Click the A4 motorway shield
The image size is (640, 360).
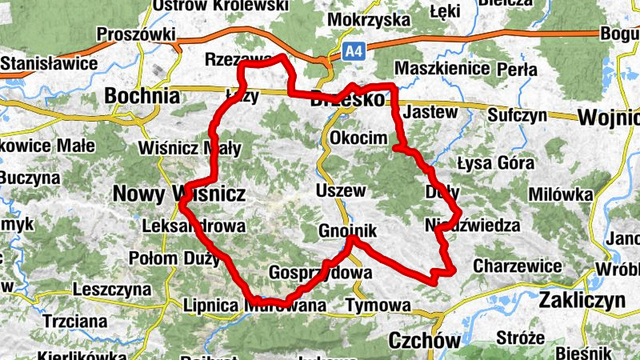[x=354, y=51]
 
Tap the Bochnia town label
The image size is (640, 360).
[x=142, y=96]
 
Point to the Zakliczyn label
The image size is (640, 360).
[x=581, y=301]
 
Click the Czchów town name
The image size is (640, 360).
[x=424, y=341]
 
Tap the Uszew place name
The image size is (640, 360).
[x=341, y=191]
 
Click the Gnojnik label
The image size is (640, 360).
[x=346, y=230]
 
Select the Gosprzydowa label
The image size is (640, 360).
[x=321, y=272]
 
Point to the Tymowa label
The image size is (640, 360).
[x=378, y=305]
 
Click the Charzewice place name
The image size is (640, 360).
[x=517, y=265]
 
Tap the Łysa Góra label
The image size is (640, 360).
[x=495, y=163]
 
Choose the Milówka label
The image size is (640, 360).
[x=561, y=194]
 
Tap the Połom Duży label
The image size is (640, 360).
[x=174, y=258]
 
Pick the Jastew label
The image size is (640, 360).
[x=431, y=112]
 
